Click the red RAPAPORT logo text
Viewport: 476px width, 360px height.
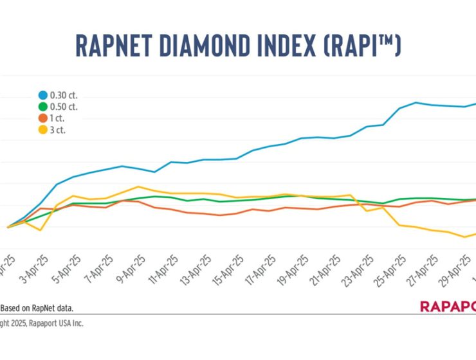pyautogui.click(x=448, y=307)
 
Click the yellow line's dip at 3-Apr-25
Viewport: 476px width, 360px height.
pyautogui.click(x=41, y=230)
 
